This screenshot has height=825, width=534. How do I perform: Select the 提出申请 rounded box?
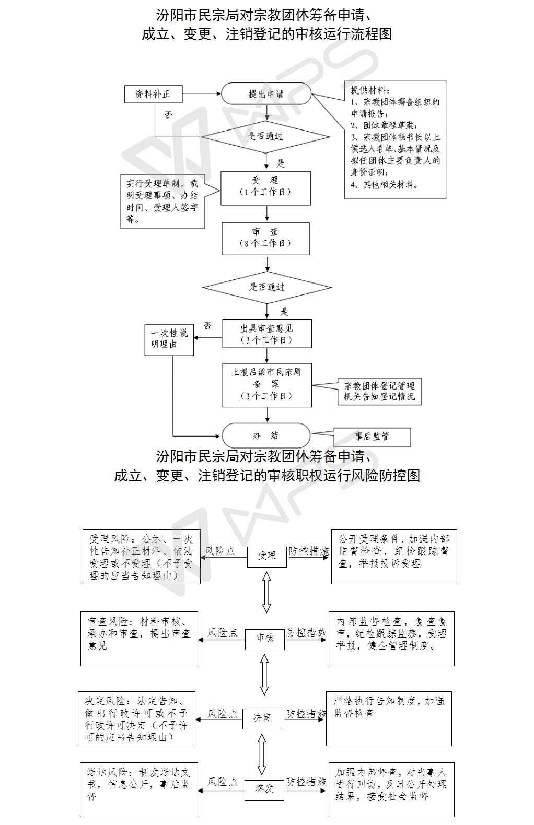tap(266, 94)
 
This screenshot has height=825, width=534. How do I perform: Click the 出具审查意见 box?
tap(266, 334)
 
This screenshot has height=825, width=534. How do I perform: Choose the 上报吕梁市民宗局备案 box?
tap(266, 385)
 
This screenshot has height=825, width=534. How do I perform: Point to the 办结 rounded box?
tap(266, 435)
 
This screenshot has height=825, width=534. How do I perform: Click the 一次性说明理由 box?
tap(169, 339)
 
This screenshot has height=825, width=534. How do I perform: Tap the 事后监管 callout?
tap(372, 437)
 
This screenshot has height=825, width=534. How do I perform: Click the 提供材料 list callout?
tap(395, 139)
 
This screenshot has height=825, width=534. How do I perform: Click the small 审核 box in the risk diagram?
tap(265, 638)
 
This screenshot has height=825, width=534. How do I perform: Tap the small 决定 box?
tap(262, 718)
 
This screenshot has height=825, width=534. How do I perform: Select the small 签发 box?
tap(264, 789)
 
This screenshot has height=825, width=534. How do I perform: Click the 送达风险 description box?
tap(139, 789)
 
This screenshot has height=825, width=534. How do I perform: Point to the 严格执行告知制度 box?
tap(389, 718)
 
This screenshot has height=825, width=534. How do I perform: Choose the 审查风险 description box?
tap(139, 639)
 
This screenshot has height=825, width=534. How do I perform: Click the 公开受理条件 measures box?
tap(394, 557)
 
